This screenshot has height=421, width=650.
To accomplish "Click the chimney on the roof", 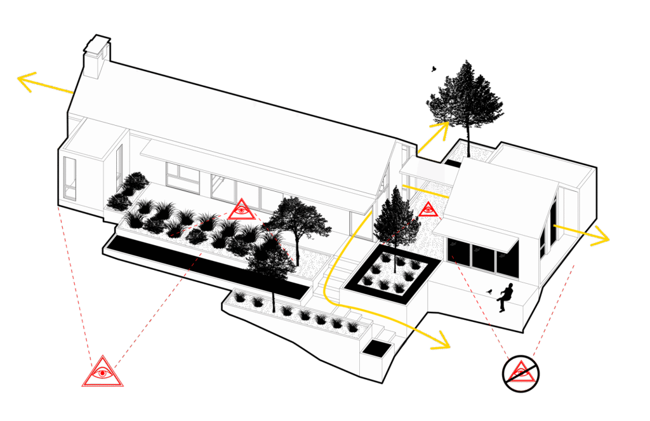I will tap(96, 57).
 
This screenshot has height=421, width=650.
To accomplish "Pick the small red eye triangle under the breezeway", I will tap(427, 209).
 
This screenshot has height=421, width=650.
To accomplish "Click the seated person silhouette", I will tap(505, 296).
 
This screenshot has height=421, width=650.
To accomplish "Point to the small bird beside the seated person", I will tap(489, 291).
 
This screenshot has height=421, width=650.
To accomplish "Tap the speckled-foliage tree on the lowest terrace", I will tap(272, 264).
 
